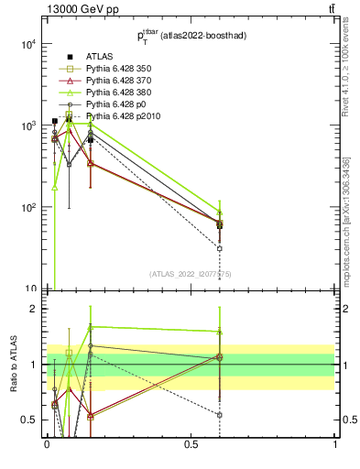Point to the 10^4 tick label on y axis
coord(27,44)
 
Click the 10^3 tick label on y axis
coord(27,125)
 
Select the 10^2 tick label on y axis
coord(27,207)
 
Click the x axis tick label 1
coord(335,443)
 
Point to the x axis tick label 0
coord(46,443)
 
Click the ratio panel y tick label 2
coord(33,309)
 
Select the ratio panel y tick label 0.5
coord(29,420)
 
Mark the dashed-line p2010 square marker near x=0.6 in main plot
coord(219,248)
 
